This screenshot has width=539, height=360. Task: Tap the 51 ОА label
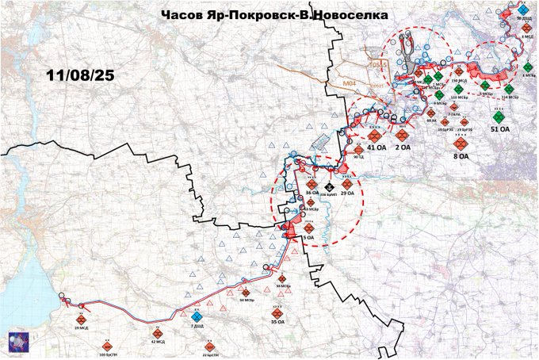click(x=500, y=128)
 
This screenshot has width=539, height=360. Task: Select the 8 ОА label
click(x=461, y=156)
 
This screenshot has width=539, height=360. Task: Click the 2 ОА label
click(x=402, y=147)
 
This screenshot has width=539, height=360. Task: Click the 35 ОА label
click(x=277, y=323)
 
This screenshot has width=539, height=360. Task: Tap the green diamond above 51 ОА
click(x=499, y=115)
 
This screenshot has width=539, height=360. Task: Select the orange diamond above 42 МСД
click(x=157, y=333)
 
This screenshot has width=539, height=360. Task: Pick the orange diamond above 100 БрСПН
click(x=105, y=346)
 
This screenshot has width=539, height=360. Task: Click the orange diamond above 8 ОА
click(x=460, y=144)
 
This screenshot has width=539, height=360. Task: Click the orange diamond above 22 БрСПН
click(x=209, y=347)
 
